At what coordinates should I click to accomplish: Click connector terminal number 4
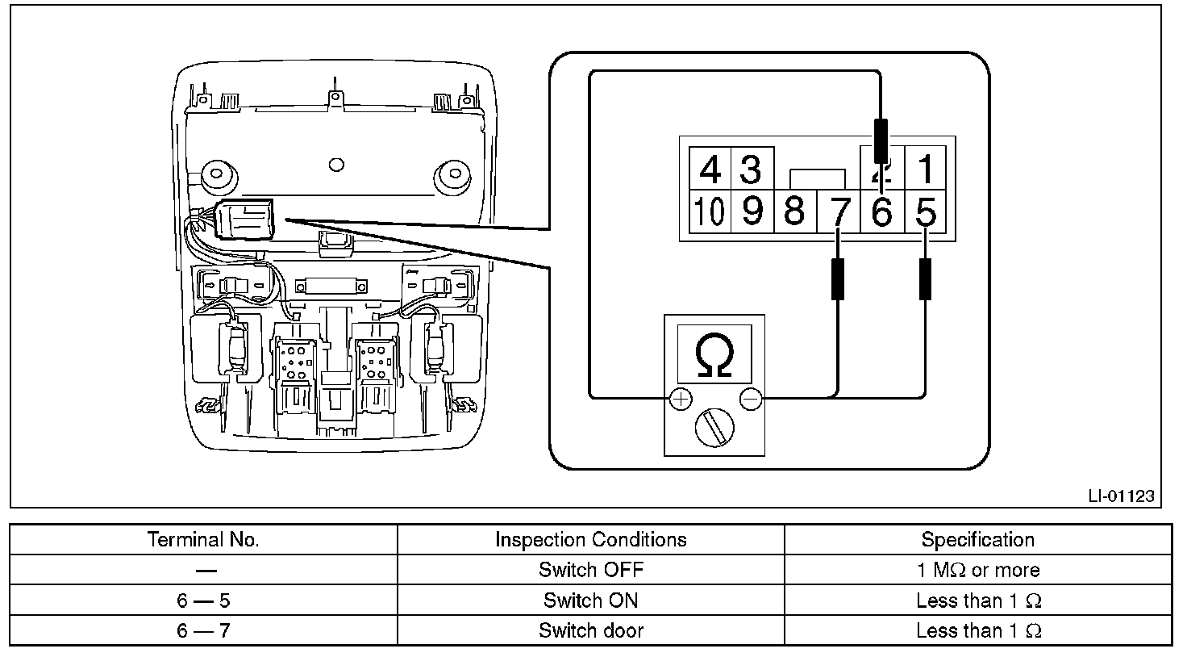click(x=710, y=169)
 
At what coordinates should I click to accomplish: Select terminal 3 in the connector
click(x=751, y=169)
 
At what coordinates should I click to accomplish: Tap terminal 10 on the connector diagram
click(x=710, y=212)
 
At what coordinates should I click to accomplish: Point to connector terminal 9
click(x=752, y=212)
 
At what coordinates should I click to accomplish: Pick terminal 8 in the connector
click(x=794, y=212)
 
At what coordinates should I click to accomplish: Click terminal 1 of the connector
click(x=927, y=169)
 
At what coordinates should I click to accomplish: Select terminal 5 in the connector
click(x=927, y=212)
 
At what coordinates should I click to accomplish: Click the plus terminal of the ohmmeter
click(x=681, y=398)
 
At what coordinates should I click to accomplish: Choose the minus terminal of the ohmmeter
click(x=750, y=398)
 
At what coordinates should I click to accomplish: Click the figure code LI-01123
click(x=1122, y=496)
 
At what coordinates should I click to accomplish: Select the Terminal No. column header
click(x=203, y=539)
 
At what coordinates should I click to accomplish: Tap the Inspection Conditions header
click(x=590, y=539)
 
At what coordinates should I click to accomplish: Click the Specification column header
click(x=977, y=539)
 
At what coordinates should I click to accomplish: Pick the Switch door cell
click(x=590, y=630)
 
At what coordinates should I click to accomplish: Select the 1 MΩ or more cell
click(x=977, y=570)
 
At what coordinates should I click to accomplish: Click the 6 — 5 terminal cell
click(x=203, y=601)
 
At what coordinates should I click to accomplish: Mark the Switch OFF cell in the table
click(x=590, y=570)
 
